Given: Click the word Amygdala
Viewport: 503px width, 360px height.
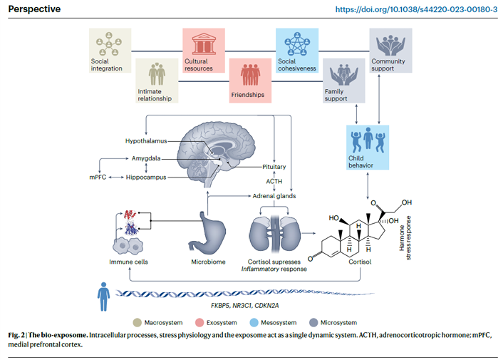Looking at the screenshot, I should pos(146,160).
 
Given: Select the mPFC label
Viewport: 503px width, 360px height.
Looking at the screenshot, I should pos(98,177).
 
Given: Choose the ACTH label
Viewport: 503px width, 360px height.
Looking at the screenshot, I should pos(274,181).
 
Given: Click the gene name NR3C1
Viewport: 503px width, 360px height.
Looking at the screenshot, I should pos(245,306).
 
